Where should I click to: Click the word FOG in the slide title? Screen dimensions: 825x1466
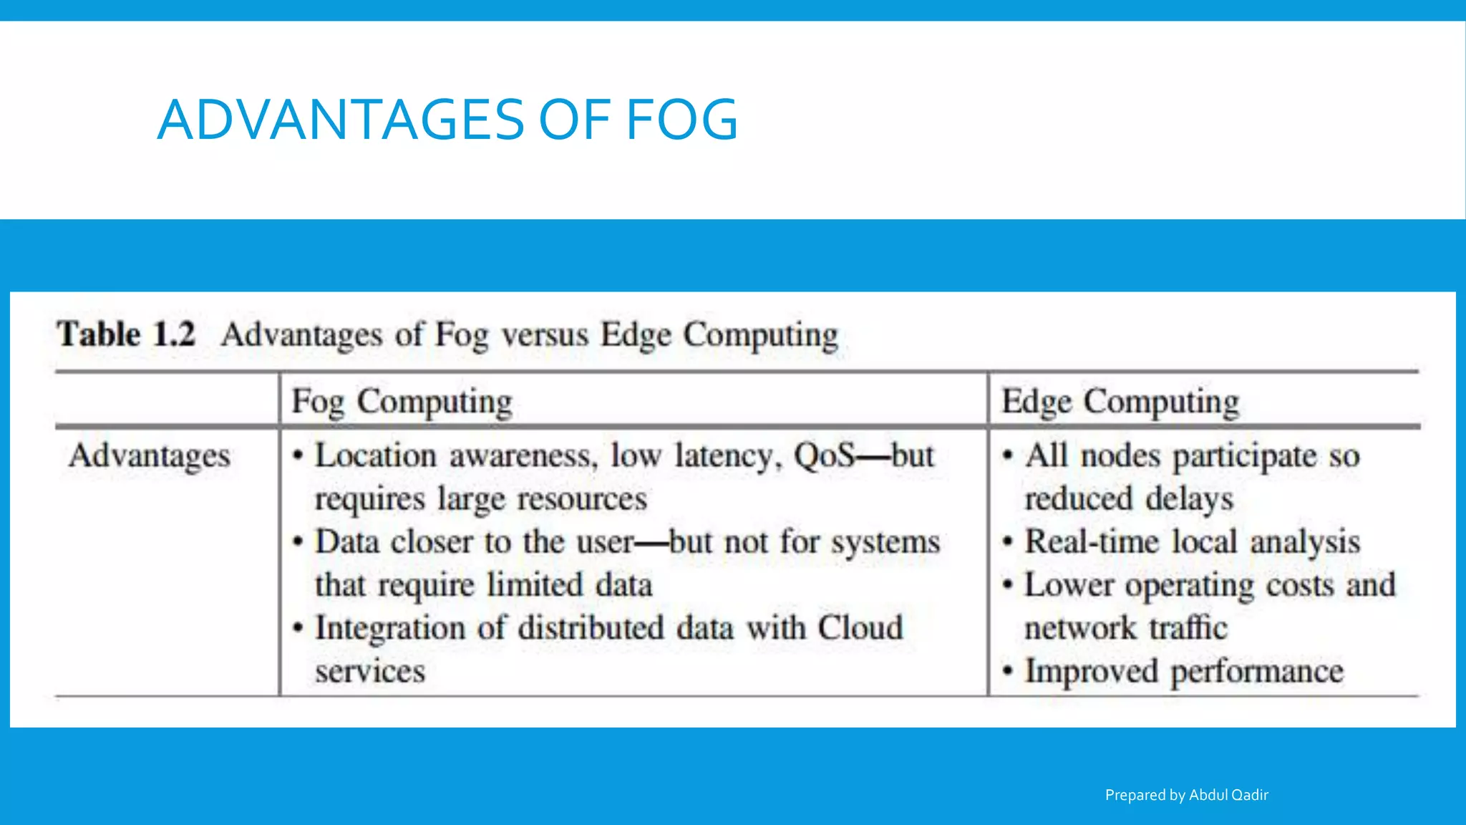tap(681, 120)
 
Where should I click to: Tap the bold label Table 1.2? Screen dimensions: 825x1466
tap(126, 334)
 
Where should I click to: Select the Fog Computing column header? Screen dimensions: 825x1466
tap(402, 401)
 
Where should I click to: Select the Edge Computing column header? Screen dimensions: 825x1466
tap(1120, 401)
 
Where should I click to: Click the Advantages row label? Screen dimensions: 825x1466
tap(150, 456)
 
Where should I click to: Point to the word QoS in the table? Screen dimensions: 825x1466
tap(824, 455)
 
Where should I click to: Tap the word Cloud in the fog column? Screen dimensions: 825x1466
tap(860, 628)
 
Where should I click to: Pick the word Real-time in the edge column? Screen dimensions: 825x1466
tap(1091, 541)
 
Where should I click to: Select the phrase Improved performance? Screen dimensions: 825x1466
tap(1184, 671)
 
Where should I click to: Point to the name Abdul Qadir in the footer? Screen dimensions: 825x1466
tap(1228, 795)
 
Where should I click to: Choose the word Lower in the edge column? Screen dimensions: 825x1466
tap(1068, 585)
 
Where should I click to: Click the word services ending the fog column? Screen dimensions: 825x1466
tap(370, 672)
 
